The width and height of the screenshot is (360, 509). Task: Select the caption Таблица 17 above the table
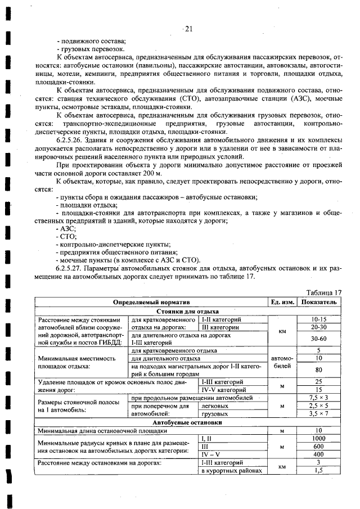click(323, 292)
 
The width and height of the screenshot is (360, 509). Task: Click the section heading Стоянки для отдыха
click(187, 310)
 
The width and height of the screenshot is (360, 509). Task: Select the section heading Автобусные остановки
click(187, 422)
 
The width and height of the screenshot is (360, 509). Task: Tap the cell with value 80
click(318, 370)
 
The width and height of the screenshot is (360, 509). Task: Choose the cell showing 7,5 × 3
click(318, 397)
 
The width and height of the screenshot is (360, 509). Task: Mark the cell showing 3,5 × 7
click(318, 413)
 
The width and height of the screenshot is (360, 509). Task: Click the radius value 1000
click(318, 438)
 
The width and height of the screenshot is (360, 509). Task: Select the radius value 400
click(318, 454)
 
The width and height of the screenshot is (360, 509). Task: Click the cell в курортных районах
click(231, 471)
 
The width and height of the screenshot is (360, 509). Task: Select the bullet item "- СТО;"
click(67, 236)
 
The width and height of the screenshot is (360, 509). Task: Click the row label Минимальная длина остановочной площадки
click(102, 430)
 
